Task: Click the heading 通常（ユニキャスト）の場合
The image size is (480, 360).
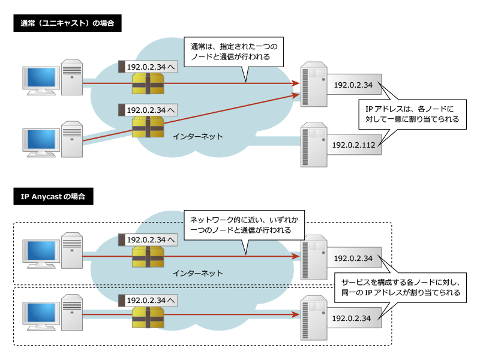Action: click(67, 24)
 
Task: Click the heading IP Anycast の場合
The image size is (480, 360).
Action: click(53, 196)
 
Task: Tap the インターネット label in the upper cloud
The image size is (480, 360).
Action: click(197, 136)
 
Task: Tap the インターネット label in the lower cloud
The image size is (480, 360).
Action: click(197, 273)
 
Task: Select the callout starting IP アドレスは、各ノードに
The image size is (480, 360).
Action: click(412, 114)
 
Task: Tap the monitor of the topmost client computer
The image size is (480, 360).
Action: click(40, 79)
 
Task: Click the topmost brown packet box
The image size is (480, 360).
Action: click(148, 84)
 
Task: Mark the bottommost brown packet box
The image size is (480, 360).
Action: click(148, 316)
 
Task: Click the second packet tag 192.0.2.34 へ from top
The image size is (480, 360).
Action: click(148, 110)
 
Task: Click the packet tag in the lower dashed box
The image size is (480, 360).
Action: click(148, 299)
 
